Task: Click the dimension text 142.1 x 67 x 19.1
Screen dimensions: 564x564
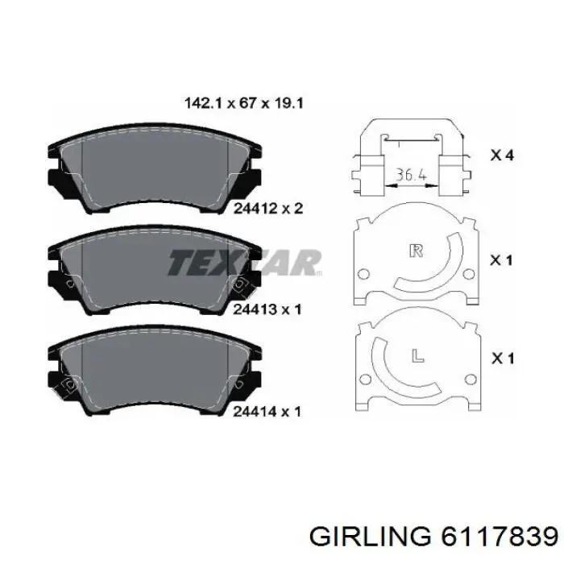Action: pos(244,103)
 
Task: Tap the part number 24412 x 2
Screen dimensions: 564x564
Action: pos(268,208)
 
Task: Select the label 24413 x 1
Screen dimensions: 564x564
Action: pos(267,309)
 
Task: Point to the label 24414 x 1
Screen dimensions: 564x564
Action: pos(267,412)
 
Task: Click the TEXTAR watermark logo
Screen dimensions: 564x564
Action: pos(245,263)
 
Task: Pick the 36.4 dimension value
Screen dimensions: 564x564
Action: pos(411,175)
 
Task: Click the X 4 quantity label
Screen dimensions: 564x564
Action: pos(503,156)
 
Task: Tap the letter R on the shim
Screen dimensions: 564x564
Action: pos(417,251)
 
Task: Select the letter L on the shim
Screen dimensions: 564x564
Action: pos(417,355)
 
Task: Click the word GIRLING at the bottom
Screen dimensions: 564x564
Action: pos(370,538)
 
